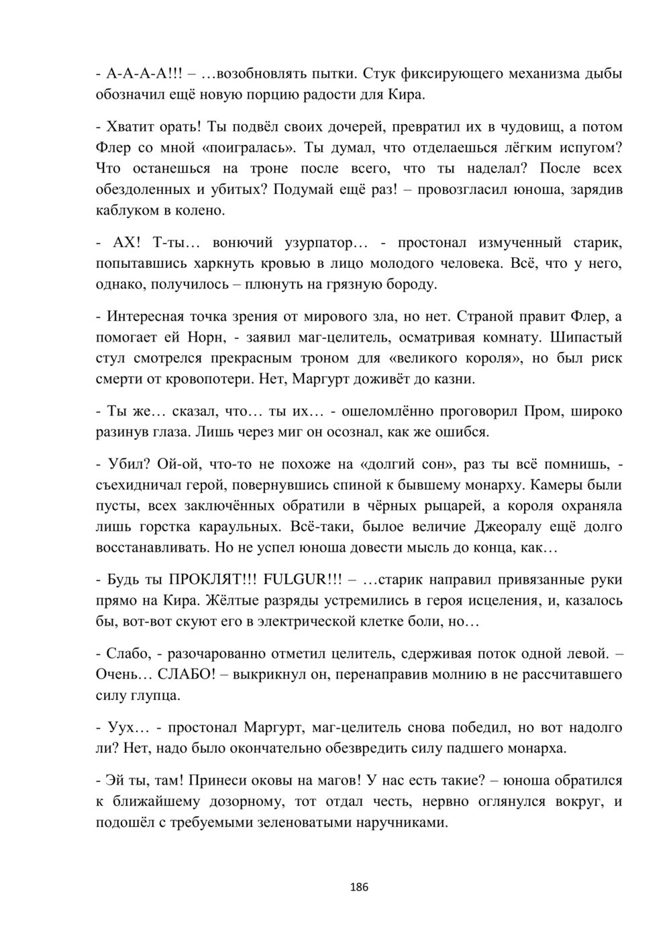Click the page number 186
point(360,887)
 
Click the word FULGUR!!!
point(296,579)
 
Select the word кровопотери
point(208,380)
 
